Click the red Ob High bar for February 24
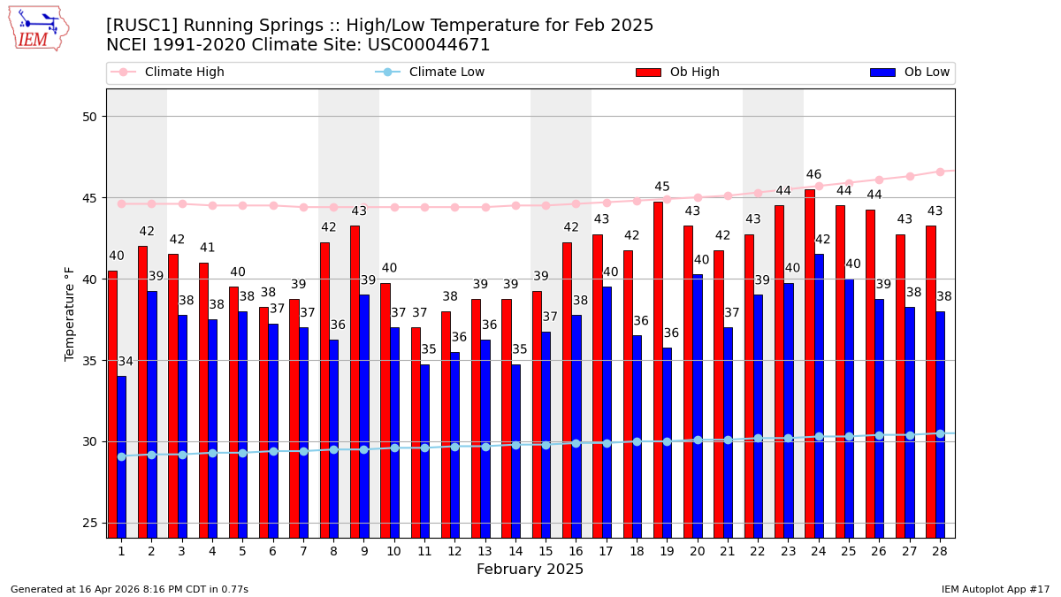[810, 363]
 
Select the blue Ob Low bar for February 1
[122, 456]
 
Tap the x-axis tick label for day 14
[515, 551]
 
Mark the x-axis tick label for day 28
[940, 551]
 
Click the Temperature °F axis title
[70, 313]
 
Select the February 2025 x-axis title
[530, 570]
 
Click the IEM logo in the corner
[39, 28]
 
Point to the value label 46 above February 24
[814, 175]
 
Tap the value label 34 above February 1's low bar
[126, 362]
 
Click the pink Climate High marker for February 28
[940, 172]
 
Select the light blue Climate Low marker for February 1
[121, 456]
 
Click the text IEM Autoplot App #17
[995, 589]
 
